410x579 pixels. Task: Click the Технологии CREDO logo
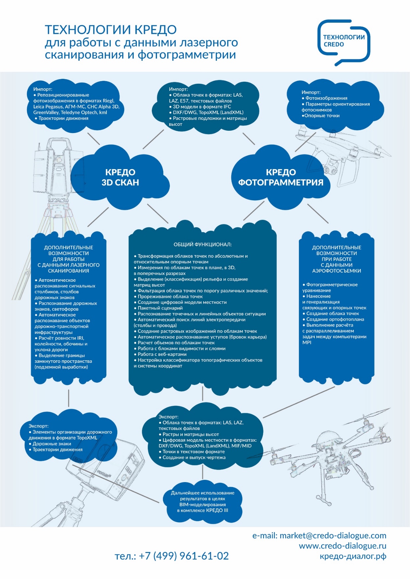click(x=344, y=41)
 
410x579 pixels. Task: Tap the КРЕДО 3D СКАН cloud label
click(x=120, y=177)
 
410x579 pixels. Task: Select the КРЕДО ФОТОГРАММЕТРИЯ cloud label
click(x=281, y=177)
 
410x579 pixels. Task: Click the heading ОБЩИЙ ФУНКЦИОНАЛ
click(x=202, y=244)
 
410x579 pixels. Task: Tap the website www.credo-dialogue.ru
click(x=342, y=546)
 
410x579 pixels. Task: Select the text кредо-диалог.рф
click(x=353, y=556)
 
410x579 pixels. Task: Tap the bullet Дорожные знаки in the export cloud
click(x=52, y=444)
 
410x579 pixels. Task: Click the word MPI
click(x=307, y=343)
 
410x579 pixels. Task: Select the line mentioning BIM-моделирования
click(x=202, y=504)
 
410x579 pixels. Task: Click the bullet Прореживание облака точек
click(x=170, y=297)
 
